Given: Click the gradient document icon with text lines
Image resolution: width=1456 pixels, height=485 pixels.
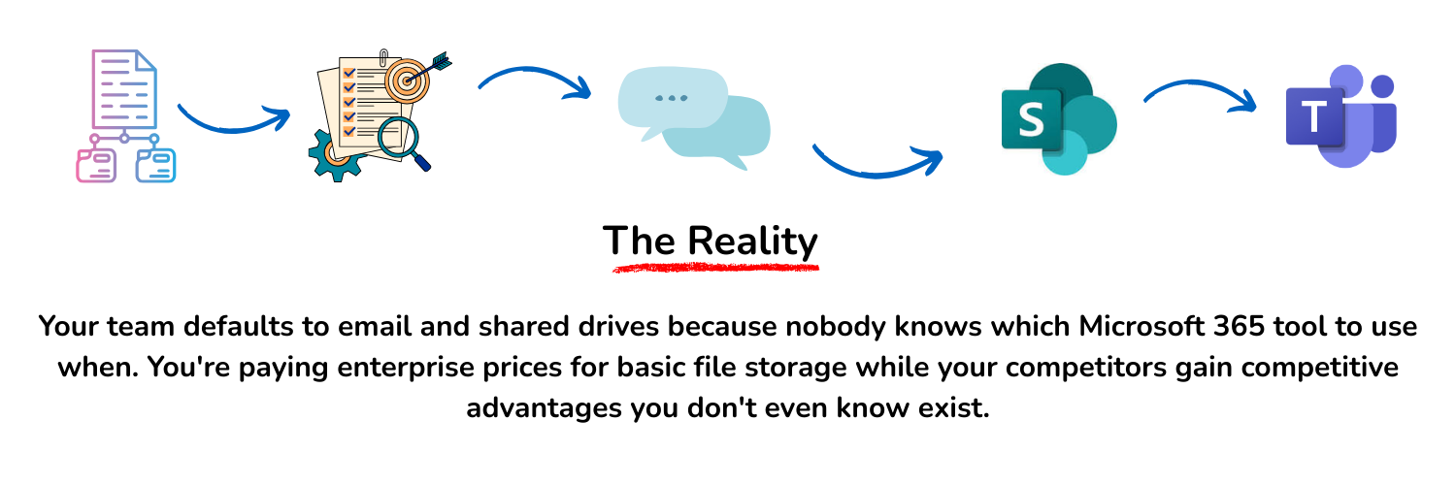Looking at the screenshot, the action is pos(123,89).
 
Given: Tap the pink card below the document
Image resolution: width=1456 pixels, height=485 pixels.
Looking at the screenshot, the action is pos(96,165).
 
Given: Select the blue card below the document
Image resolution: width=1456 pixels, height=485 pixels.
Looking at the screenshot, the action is pos(155,165).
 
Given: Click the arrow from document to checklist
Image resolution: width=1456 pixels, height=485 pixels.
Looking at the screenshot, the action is pos(233,120).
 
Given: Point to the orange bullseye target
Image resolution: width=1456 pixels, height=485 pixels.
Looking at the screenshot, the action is pos(406,81).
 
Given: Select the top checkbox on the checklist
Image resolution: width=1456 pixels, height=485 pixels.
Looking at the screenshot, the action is pos(349,73).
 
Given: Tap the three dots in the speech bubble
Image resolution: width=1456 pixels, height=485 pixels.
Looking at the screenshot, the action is pos(672,98).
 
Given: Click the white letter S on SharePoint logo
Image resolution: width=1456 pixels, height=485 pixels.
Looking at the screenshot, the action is pos(1031,120).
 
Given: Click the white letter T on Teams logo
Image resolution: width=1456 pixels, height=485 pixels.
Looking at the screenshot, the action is pos(1313,116).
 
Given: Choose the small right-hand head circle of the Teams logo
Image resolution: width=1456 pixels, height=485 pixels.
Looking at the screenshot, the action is pos(1382,86).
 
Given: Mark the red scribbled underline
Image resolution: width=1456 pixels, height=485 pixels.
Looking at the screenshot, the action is pos(716,267).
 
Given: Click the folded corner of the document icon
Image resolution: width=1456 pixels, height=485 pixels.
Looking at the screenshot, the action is pos(146,60).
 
